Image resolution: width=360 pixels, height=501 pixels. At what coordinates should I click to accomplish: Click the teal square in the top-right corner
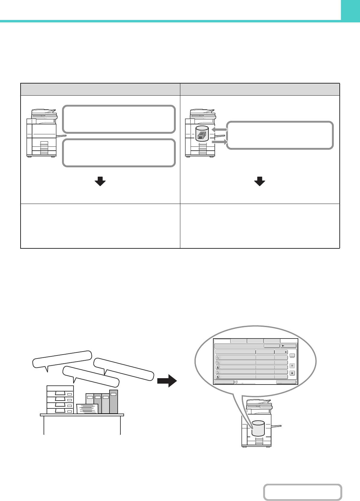click(350, 10)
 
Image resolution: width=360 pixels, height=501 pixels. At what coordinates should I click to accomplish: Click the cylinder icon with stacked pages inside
click(202, 133)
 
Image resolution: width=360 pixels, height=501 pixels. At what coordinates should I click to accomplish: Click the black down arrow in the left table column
click(100, 182)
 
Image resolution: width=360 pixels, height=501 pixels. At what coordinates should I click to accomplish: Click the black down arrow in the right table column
click(260, 182)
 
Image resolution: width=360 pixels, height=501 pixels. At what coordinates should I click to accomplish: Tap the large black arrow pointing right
click(167, 380)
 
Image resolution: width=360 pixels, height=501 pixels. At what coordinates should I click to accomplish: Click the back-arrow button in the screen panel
click(288, 345)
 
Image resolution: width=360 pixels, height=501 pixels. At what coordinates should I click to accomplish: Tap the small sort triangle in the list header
click(286, 352)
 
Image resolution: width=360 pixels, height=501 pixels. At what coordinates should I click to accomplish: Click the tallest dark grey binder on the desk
click(113, 401)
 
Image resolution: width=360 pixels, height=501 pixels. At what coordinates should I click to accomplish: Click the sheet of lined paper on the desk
click(87, 408)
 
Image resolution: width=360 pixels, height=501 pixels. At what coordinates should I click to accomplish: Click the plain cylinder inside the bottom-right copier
click(258, 428)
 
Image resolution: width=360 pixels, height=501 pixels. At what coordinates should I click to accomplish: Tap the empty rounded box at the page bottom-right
click(303, 492)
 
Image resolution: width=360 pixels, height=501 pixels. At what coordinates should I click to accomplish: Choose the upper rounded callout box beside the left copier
click(119, 119)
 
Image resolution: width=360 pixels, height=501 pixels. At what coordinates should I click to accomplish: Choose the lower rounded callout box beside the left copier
click(119, 153)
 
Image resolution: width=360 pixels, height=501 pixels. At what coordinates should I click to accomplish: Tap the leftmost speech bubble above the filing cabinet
click(62, 359)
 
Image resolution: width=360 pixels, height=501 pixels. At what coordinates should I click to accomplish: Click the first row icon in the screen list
click(218, 357)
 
